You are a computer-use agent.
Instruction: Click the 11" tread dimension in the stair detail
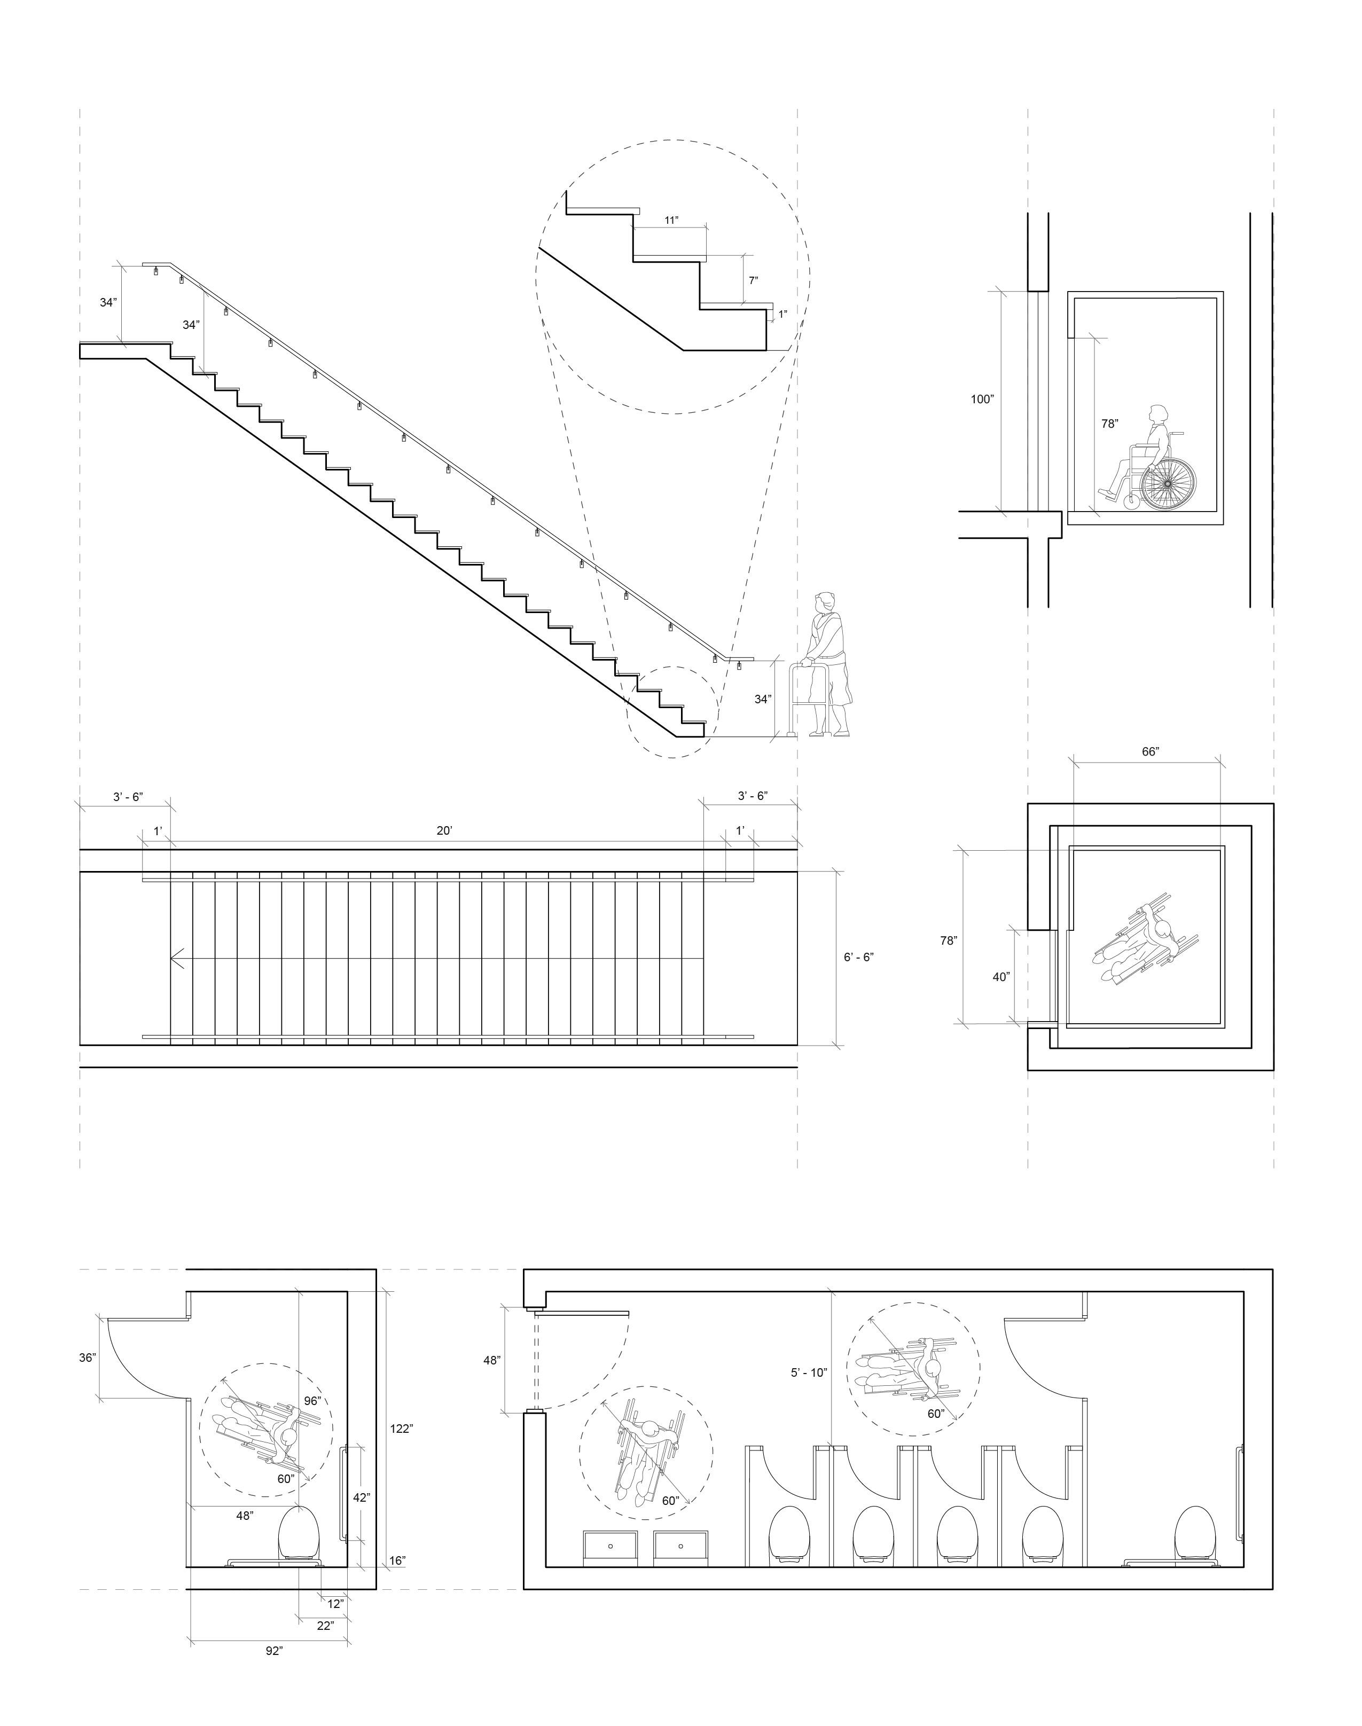(671, 220)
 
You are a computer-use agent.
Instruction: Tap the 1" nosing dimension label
(783, 314)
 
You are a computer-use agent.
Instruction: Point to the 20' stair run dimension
(444, 831)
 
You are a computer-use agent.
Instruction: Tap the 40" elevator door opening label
(1001, 977)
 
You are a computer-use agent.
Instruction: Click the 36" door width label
(88, 1358)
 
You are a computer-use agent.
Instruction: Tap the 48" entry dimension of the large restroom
(491, 1360)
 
